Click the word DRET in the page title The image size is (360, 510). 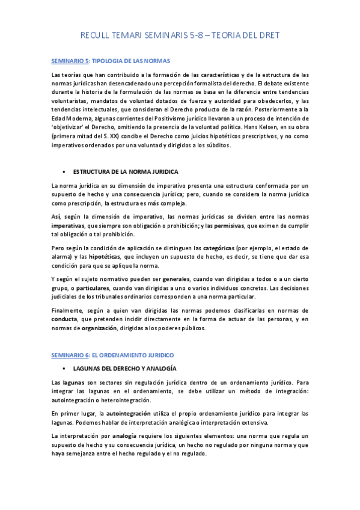coord(266,36)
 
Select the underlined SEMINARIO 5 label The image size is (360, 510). coord(70,61)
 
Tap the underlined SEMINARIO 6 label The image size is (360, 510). coord(70,355)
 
